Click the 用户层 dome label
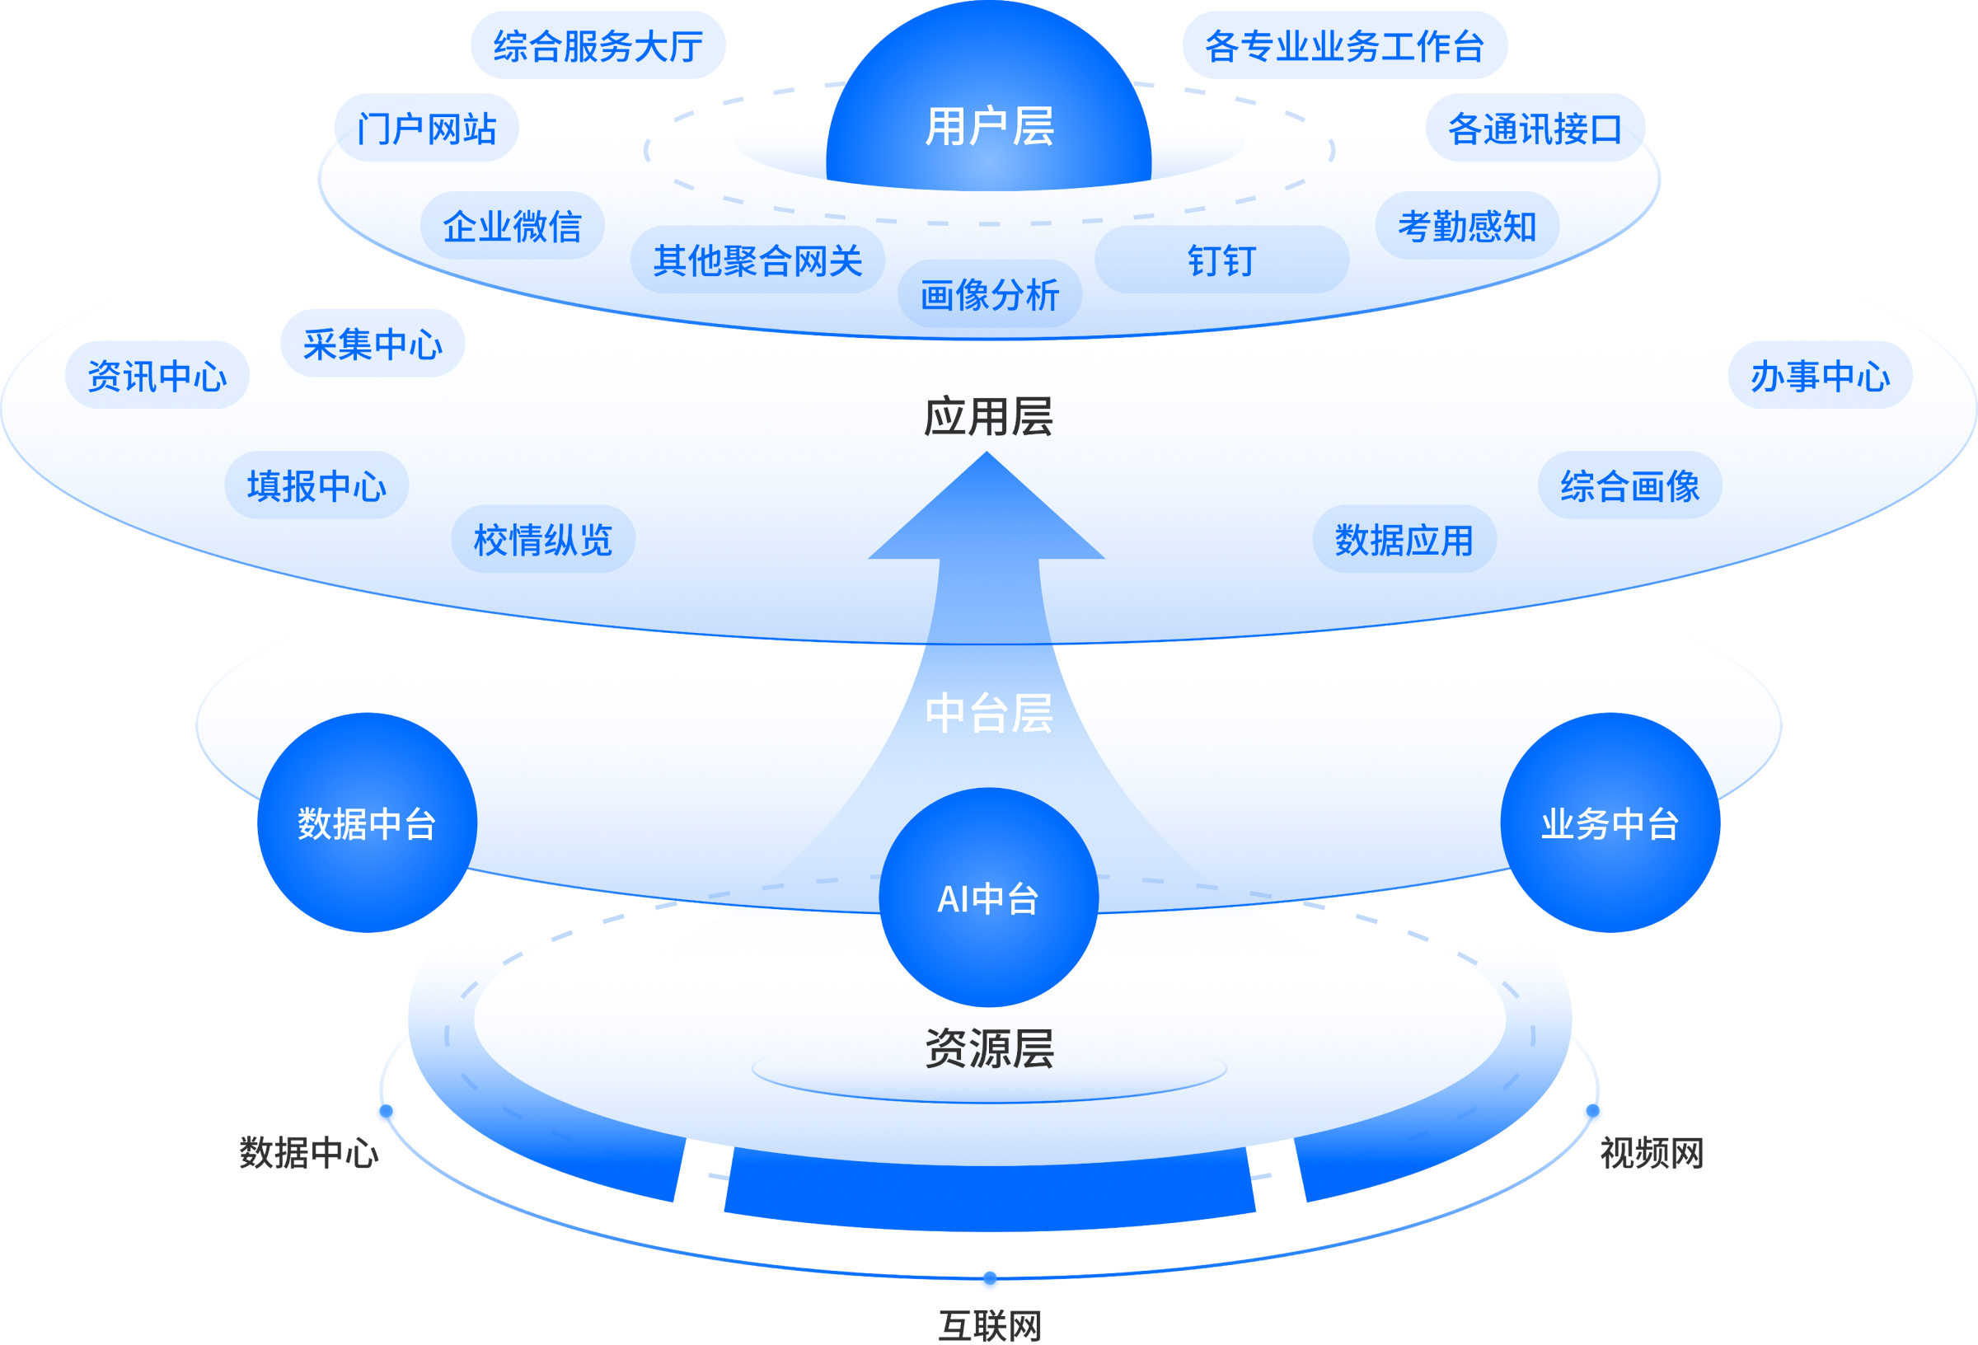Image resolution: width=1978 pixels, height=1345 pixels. tap(989, 128)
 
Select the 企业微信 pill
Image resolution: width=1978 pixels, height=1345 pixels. tap(513, 227)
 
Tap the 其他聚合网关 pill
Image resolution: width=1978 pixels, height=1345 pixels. tap(757, 260)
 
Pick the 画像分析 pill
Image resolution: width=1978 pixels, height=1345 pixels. tap(989, 294)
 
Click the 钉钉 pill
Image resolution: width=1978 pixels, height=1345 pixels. tap(1221, 260)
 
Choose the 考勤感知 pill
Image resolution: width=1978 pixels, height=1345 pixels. tap(1466, 227)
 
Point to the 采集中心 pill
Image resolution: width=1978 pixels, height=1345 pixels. tap(372, 343)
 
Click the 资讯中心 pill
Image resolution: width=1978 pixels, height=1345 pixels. tap(157, 376)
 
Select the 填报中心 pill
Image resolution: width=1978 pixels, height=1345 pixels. tap(316, 485)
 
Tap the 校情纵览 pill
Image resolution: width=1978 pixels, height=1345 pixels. tap(543, 540)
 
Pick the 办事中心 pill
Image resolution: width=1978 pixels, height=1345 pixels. tap(1820, 376)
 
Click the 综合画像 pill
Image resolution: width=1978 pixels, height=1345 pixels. tap(1629, 485)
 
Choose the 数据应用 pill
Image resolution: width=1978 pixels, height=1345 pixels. tap(1404, 540)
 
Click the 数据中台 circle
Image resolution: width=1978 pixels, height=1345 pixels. tap(367, 823)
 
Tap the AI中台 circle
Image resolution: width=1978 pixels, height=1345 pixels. tap(988, 898)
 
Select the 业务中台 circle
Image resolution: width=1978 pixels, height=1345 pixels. tap(1610, 823)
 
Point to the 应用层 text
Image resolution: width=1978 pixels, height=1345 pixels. tap(988, 417)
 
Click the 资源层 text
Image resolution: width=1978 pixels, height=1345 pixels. tap(989, 1048)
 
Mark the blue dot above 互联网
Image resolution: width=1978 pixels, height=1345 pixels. tap(989, 1278)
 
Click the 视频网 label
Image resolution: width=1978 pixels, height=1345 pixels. tap(1651, 1154)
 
